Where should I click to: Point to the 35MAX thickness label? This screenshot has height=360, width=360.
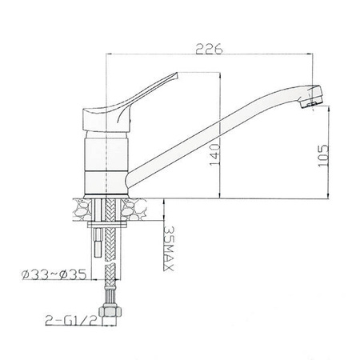coord(169,250)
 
